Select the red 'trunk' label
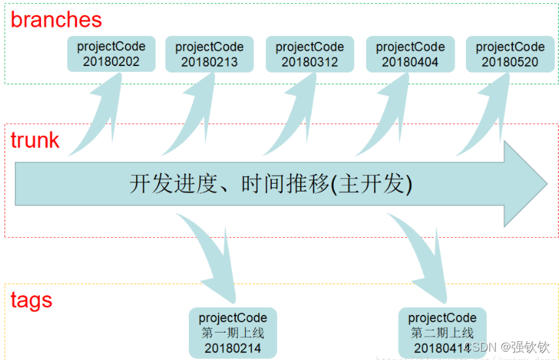pos(35,140)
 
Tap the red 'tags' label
pos(31,300)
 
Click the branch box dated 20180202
pos(111,54)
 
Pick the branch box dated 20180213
pos(209,54)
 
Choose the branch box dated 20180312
pos(310,54)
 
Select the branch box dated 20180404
pos(410,54)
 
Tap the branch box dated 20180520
pos(510,54)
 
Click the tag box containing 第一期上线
pos(233,333)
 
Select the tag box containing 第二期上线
pos(442,333)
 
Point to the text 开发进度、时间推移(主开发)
pos(271,184)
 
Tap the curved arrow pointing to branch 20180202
pos(98,118)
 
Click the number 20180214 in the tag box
pos(233,348)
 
